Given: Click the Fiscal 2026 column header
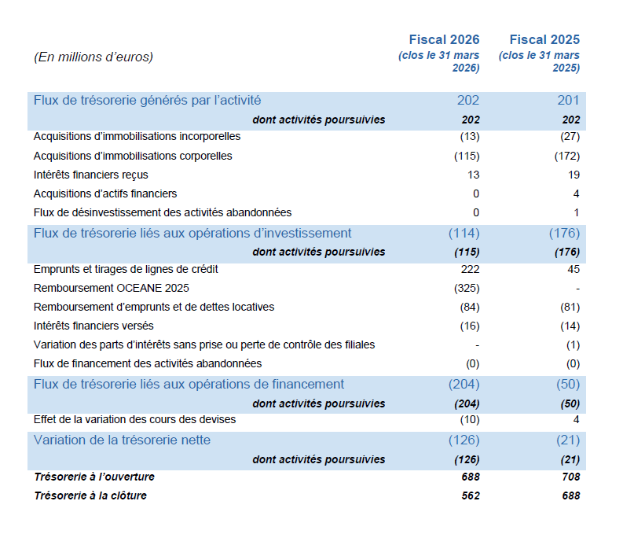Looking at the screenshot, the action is coord(444,40).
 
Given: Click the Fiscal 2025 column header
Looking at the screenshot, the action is coord(544,40).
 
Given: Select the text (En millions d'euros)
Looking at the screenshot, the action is coord(93,57).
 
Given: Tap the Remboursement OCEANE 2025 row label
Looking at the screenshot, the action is coord(112,288).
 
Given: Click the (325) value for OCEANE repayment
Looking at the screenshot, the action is coord(467,288).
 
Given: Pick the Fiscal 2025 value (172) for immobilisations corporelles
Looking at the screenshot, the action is coord(567,156).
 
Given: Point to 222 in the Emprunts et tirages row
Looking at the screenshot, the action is coord(470,269).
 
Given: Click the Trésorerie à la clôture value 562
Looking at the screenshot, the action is coord(471,496).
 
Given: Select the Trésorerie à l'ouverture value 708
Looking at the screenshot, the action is coord(571,477).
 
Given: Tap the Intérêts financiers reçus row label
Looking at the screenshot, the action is coord(90,175).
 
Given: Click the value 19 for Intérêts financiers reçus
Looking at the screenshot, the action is coord(574,175).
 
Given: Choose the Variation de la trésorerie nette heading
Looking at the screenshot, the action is coord(122,440).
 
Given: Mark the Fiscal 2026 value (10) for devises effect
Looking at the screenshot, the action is coord(470,419).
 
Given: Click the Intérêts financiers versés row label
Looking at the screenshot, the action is coord(93,326).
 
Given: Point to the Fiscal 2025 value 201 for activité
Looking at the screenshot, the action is coord(568,100).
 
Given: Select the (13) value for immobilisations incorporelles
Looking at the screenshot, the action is coord(470,136).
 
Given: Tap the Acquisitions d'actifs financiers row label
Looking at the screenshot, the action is coord(105,193).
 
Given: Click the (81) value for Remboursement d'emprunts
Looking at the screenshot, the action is coord(570,307).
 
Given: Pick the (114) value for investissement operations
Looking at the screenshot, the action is coord(464,233).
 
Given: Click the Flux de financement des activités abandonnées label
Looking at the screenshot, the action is coord(148,363).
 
